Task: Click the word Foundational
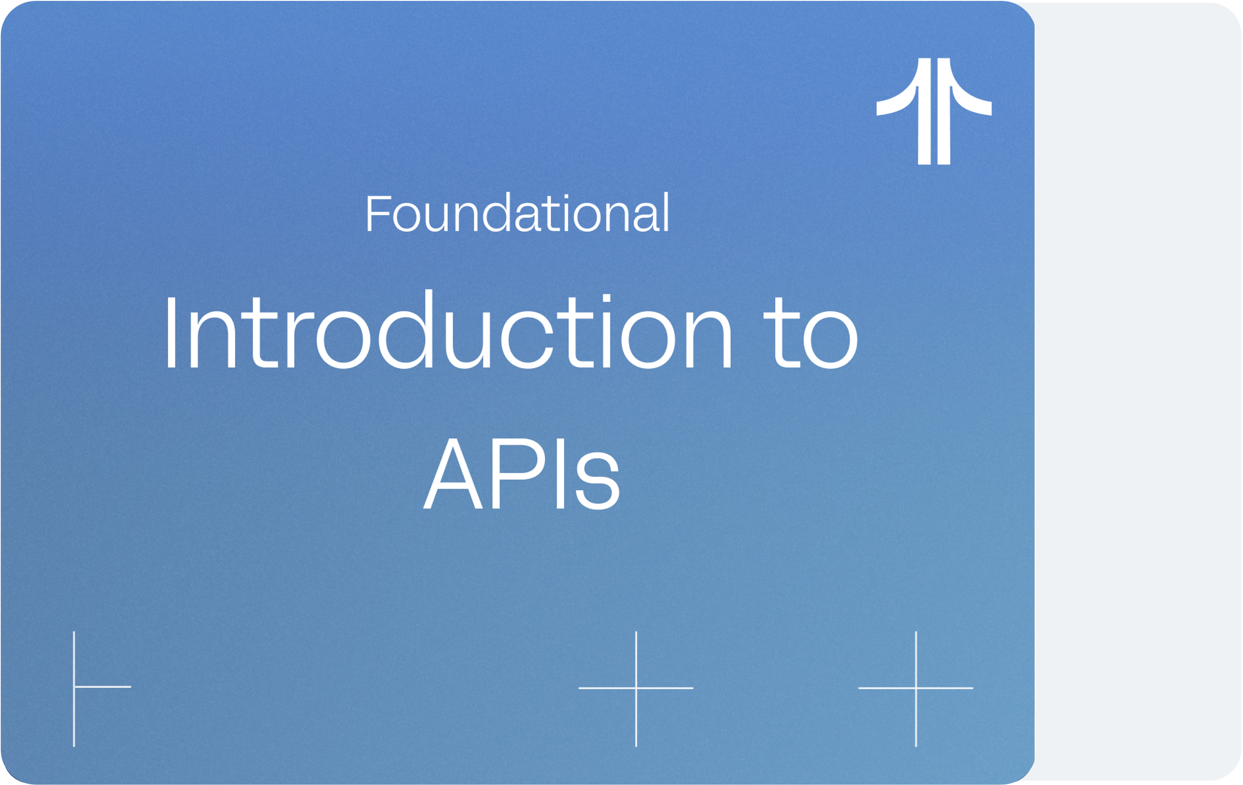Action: click(x=518, y=213)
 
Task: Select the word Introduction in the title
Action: click(x=448, y=329)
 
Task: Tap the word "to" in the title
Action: click(x=811, y=333)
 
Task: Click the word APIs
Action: click(x=521, y=473)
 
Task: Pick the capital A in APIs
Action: click(x=453, y=474)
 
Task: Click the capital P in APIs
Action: click(x=519, y=474)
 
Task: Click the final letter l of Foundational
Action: click(x=666, y=212)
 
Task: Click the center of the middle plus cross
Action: click(x=636, y=688)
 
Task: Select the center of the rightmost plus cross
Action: click(x=916, y=688)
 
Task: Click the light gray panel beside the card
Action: click(x=1138, y=392)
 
